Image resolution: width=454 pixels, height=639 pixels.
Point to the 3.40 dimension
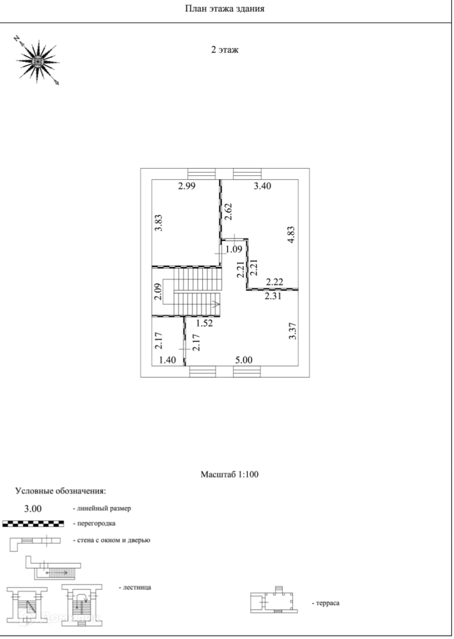pyautogui.click(x=262, y=186)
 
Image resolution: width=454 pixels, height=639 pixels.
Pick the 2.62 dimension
pyautogui.click(x=228, y=211)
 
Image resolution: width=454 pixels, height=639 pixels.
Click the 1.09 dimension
pyautogui.click(x=233, y=249)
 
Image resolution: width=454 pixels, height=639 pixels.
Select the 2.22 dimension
pyautogui.click(x=274, y=283)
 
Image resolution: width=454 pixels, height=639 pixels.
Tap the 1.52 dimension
pyautogui.click(x=204, y=324)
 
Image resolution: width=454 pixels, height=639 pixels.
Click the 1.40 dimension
pyautogui.click(x=167, y=360)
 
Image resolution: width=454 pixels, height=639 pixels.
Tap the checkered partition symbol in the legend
pyautogui.click(x=33, y=523)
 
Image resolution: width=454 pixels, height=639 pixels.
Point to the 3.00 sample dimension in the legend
pyautogui.click(x=33, y=508)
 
